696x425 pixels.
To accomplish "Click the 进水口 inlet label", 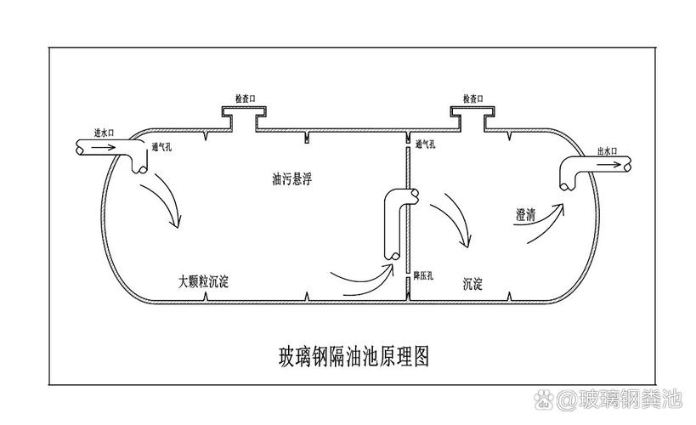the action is [x=104, y=133].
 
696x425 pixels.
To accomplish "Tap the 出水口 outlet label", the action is [x=608, y=151].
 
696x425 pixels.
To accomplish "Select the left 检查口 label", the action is [x=246, y=99].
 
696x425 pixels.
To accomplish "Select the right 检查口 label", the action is [x=472, y=99].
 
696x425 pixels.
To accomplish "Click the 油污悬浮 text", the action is [x=292, y=178].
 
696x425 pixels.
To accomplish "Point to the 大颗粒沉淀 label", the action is [x=204, y=281].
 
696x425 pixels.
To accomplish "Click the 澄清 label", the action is [x=525, y=215].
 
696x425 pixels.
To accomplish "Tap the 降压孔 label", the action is [x=423, y=275].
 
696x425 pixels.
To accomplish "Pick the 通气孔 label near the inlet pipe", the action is [x=161, y=147].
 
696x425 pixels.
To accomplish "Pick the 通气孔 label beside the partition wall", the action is [x=425, y=144].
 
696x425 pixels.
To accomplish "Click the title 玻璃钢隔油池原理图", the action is [x=354, y=356].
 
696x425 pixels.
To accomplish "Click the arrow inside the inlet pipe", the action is [x=105, y=147].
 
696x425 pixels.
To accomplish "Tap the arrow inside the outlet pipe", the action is [x=608, y=164].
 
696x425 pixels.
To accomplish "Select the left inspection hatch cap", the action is [x=244, y=110].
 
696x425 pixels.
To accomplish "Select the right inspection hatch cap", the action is [x=472, y=110].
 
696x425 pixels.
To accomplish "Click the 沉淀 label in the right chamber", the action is [x=472, y=283].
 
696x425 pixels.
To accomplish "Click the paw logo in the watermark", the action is [x=544, y=399].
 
